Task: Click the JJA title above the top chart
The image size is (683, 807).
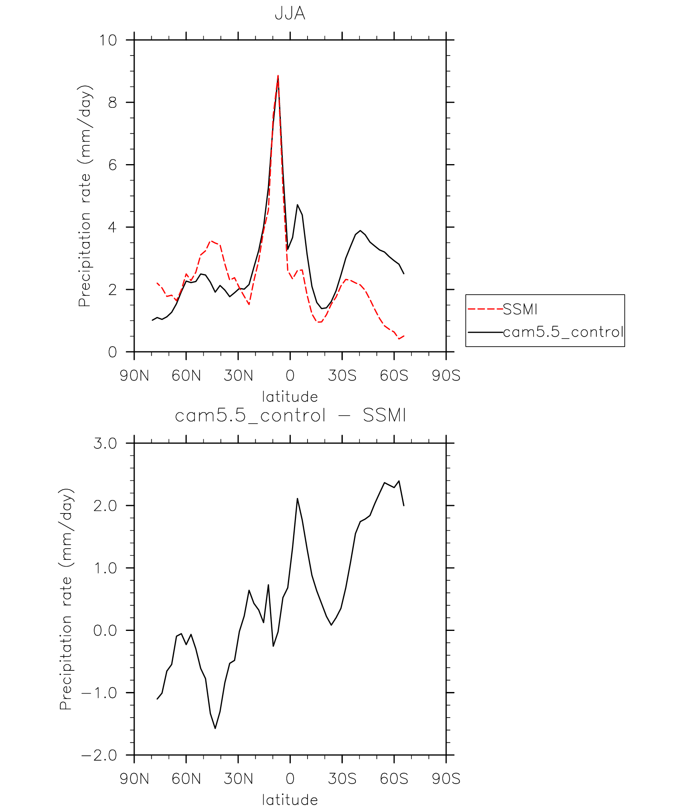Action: (290, 14)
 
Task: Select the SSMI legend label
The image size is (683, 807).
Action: (520, 309)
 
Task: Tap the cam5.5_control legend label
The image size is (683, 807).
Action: (563, 332)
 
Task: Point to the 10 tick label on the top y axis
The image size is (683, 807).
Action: (108, 40)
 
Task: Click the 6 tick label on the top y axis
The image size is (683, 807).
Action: (113, 165)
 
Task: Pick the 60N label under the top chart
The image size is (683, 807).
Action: (186, 376)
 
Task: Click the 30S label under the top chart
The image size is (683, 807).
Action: (342, 376)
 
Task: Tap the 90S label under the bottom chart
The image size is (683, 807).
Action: (446, 779)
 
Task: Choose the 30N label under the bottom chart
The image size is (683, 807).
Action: (238, 779)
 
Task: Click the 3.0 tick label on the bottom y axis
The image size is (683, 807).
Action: (105, 444)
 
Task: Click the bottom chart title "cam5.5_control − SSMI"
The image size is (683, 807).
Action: (290, 416)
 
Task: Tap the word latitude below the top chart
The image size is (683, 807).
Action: (290, 397)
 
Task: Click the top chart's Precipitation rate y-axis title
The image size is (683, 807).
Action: (85, 196)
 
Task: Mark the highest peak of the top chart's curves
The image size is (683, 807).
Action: (278, 76)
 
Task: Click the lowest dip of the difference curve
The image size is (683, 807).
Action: (215, 728)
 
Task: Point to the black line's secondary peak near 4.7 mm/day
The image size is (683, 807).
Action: (297, 205)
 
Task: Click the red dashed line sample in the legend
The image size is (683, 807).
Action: (485, 309)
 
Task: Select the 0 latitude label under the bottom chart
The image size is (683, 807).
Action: (290, 779)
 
